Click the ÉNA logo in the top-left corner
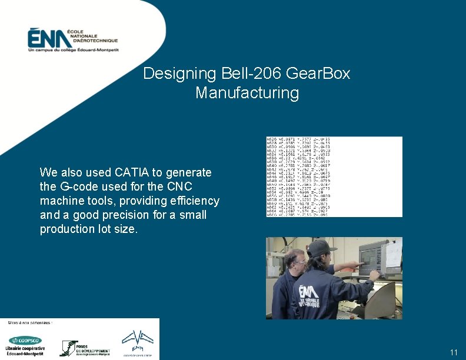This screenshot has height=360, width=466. point(72,40)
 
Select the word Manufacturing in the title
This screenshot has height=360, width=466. point(247,93)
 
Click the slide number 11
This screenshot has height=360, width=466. point(453,352)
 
